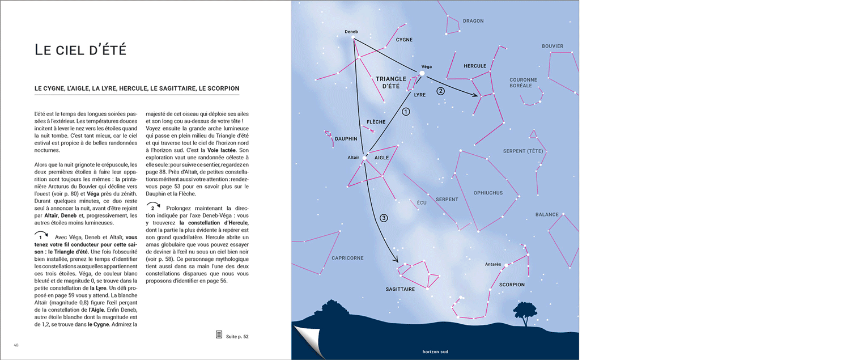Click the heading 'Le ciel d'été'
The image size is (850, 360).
coord(80,49)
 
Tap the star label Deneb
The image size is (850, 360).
coord(351,32)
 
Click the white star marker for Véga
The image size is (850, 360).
coord(422,73)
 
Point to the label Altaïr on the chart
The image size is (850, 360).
coord(353,157)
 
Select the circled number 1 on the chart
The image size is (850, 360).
coord(406,112)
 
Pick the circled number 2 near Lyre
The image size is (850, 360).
coord(440,91)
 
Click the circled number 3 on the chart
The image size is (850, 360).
coord(384,218)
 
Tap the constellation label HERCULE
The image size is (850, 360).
coord(475,66)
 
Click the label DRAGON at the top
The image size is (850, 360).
coord(473,21)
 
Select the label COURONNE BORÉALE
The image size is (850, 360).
coord(522,83)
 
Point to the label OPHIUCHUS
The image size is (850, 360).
coord(488,193)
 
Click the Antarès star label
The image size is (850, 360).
coord(493,264)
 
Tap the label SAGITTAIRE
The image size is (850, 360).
coord(400,289)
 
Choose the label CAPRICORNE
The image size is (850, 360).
coord(347,258)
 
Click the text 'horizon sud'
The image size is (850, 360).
coord(435,351)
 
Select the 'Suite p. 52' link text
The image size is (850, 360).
coord(237,337)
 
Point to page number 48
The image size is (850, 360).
coord(16,345)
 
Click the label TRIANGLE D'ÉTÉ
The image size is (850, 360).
coord(391,82)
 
